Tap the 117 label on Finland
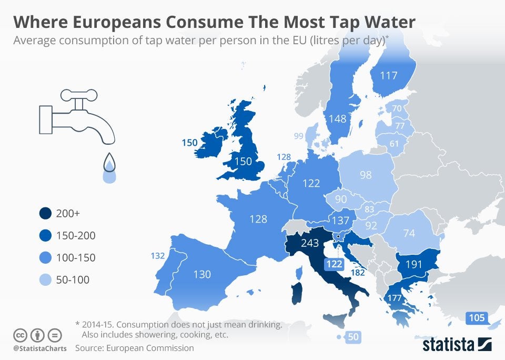(x=388, y=75)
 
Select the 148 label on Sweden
(x=337, y=119)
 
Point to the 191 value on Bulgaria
(x=414, y=265)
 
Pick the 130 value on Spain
(x=201, y=274)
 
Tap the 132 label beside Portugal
(x=158, y=256)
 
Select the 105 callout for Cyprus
(x=476, y=317)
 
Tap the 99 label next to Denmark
(x=299, y=136)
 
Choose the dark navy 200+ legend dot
(x=45, y=214)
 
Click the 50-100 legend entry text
(x=73, y=280)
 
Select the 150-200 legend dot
(x=45, y=236)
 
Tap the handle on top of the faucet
(x=79, y=95)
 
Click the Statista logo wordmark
(x=448, y=345)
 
